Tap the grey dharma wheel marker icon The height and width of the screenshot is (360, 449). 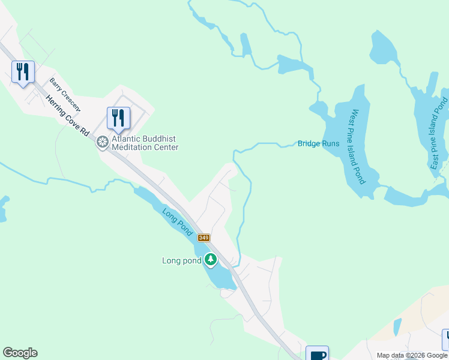click(x=103, y=142)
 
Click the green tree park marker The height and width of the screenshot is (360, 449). click(x=210, y=260)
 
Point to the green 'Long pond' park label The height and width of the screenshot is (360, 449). click(x=181, y=260)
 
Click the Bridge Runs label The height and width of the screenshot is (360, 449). click(x=318, y=144)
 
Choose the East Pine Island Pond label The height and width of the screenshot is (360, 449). click(x=440, y=133)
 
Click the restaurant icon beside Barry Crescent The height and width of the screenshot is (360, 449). click(x=23, y=72)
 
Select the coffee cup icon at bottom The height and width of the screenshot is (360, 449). click(x=318, y=355)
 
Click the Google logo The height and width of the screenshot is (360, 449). click(x=20, y=353)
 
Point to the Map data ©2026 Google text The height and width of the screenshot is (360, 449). click(x=412, y=355)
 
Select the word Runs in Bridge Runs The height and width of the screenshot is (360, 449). click(x=331, y=144)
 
